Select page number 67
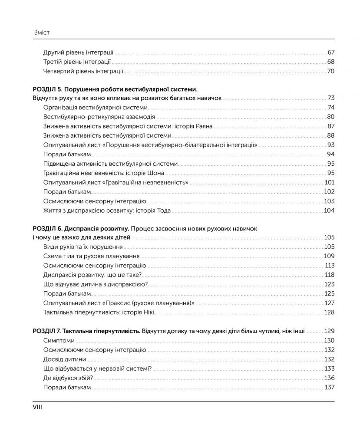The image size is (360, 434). click(331, 52)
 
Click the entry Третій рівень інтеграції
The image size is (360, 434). click(77, 61)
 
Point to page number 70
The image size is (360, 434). click(331, 71)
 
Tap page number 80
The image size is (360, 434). click(331, 117)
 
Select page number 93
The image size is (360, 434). click(331, 145)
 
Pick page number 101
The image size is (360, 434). click(329, 183)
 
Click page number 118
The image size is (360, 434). click(329, 275)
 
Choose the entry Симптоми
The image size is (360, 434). click(58, 340)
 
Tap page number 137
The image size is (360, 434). click(329, 387)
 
